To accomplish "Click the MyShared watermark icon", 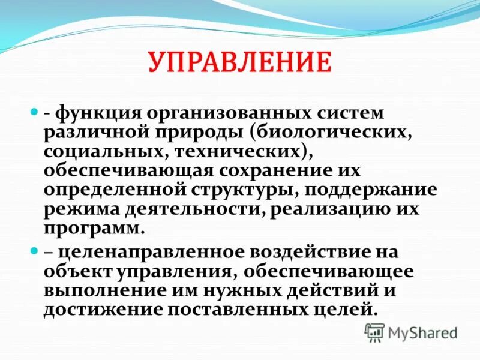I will coord(375,331).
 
